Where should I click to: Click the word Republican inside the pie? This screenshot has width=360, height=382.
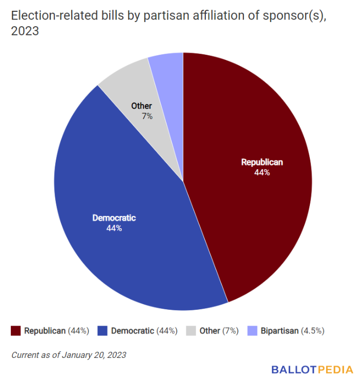[262, 162]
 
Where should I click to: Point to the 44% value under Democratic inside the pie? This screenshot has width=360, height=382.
[114, 228]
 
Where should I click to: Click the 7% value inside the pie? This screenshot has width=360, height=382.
[147, 116]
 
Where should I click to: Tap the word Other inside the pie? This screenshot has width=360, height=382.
[141, 106]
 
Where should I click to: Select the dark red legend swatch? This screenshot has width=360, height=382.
[15, 331]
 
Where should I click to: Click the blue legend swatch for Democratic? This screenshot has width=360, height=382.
[102, 331]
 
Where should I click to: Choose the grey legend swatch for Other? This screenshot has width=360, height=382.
[190, 331]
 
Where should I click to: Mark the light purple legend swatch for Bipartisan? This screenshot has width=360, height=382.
[251, 331]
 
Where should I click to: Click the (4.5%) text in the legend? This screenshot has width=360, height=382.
[312, 331]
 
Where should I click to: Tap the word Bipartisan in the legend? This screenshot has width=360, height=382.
[280, 331]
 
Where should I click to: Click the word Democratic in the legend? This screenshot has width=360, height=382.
[132, 331]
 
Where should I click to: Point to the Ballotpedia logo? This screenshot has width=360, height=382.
[312, 369]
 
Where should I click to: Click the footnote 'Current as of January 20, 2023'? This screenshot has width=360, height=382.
[68, 354]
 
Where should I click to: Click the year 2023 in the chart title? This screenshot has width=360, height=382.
[24, 32]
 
